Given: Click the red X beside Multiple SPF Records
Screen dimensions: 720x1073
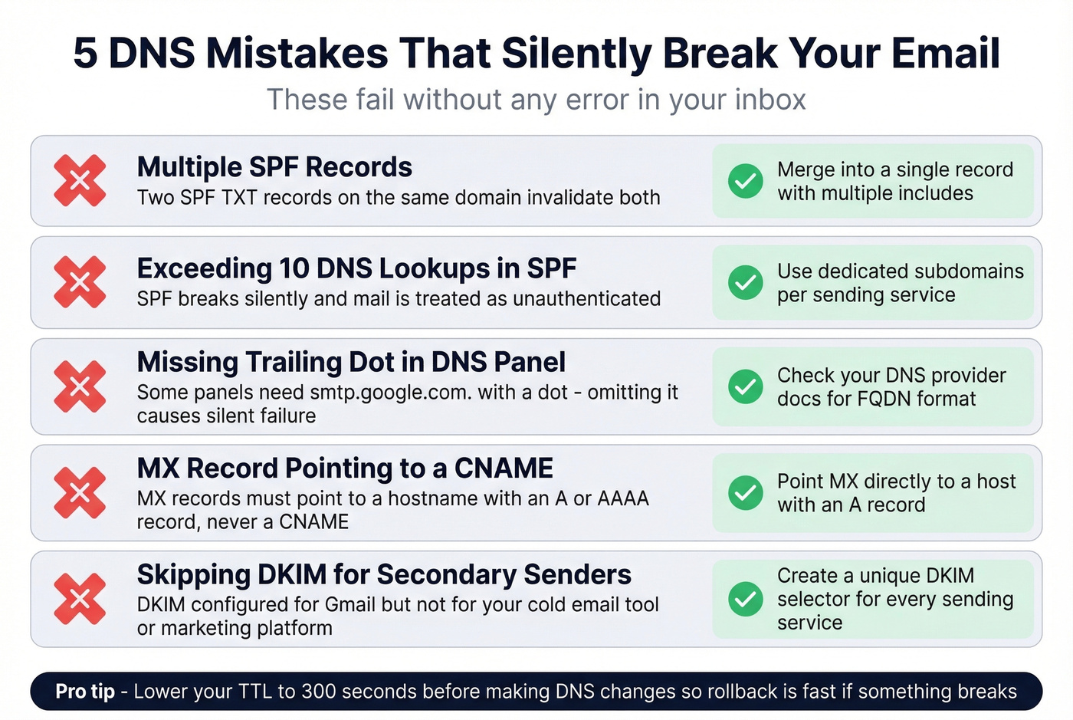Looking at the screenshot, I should [80, 181].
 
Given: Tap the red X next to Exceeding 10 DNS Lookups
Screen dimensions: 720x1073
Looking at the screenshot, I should [80, 282].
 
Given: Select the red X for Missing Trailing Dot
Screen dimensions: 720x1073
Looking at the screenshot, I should [80, 386].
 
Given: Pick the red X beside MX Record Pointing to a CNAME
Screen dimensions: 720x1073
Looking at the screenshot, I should [80, 492].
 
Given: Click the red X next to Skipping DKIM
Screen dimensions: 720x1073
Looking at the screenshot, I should [80, 599].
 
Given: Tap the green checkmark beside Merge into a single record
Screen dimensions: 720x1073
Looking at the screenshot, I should [745, 181].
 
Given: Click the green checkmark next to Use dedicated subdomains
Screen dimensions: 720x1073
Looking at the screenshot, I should [745, 282].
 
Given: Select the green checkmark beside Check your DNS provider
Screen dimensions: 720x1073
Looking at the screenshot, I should [745, 386].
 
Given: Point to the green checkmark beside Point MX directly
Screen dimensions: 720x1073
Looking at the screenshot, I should [745, 492].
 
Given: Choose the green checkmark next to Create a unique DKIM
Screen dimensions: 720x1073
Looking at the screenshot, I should [745, 599].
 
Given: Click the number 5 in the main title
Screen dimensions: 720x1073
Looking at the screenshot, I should [85, 54].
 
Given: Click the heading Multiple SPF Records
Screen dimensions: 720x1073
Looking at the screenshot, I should [274, 167].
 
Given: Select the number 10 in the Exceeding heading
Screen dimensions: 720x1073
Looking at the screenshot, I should [294, 268].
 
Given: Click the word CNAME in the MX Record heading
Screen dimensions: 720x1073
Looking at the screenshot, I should [504, 468].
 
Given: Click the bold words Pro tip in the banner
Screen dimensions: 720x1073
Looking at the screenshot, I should [85, 692].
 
